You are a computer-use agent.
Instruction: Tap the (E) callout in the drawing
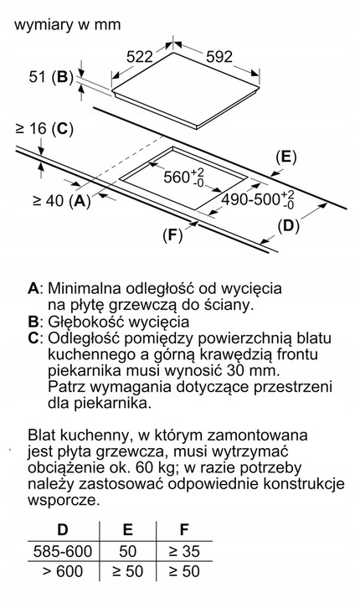point(285,157)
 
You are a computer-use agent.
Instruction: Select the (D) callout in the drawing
point(287,224)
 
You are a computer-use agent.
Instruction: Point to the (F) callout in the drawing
point(172,234)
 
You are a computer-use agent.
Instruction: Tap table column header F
point(184,530)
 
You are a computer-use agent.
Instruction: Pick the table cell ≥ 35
point(184,552)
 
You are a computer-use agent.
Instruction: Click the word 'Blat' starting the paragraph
point(43,436)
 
